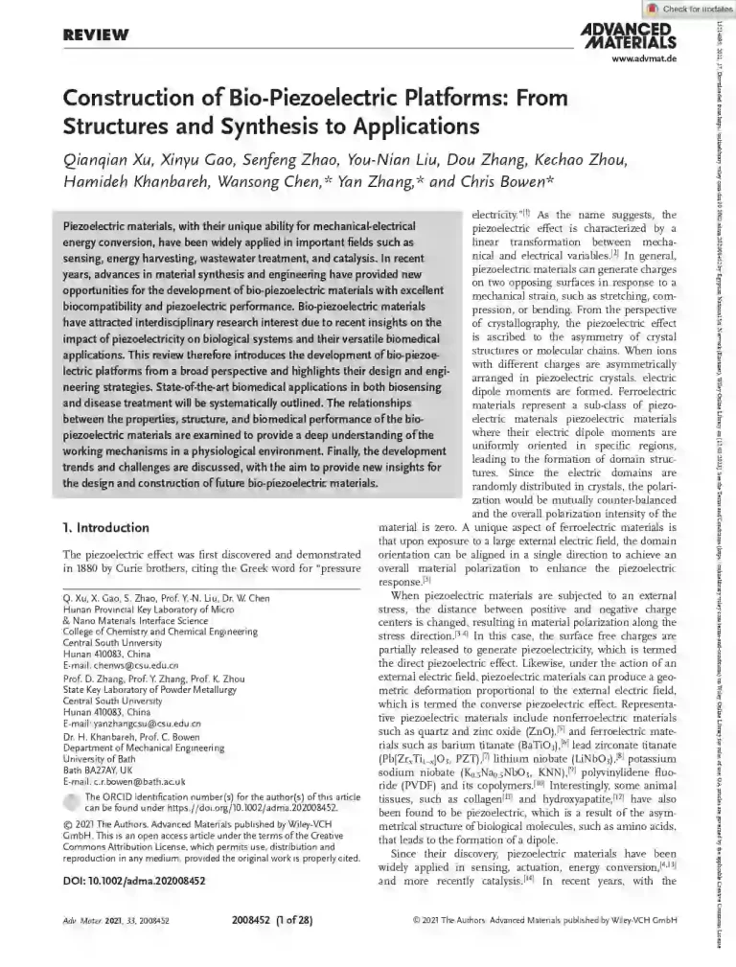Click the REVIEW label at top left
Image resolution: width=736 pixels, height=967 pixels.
[x=95, y=35]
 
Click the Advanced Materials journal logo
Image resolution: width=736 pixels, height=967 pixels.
[x=629, y=35]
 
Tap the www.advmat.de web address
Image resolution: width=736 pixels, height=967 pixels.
[x=644, y=59]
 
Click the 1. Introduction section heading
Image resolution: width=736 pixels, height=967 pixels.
[x=105, y=527]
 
